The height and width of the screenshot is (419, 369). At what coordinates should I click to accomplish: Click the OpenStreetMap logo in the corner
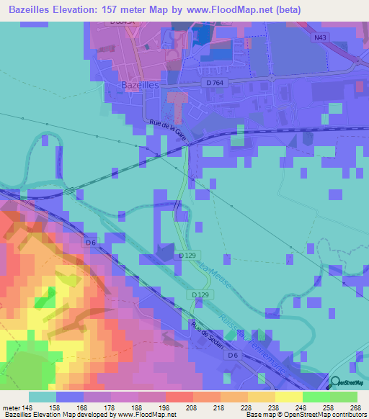point(349,383)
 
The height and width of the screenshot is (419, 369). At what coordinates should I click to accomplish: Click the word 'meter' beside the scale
point(12,408)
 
